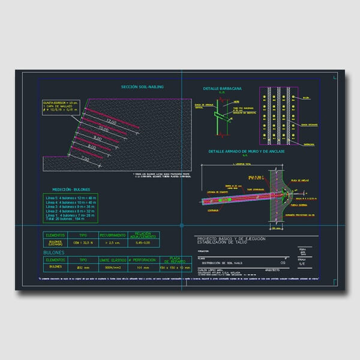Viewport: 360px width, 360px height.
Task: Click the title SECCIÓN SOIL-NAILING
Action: pyautogui.click(x=142, y=87)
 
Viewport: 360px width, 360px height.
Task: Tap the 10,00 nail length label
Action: pyautogui.click(x=103, y=130)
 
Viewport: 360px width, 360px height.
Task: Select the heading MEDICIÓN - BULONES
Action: pyautogui.click(x=71, y=188)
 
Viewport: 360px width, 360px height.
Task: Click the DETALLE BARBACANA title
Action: pyautogui.click(x=222, y=88)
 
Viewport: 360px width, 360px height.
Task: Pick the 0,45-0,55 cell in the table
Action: pyautogui.click(x=142, y=243)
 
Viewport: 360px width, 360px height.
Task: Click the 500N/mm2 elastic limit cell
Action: pyautogui.click(x=112, y=267)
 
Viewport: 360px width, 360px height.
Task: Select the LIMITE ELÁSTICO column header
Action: pyautogui.click(x=112, y=260)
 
